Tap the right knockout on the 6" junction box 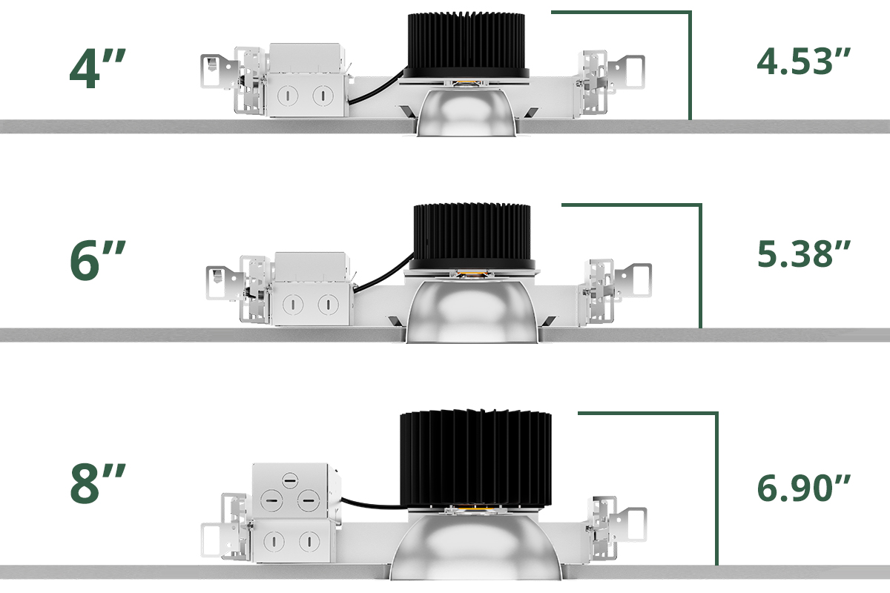pos(326,303)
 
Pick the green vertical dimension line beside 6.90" pos(717,489)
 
